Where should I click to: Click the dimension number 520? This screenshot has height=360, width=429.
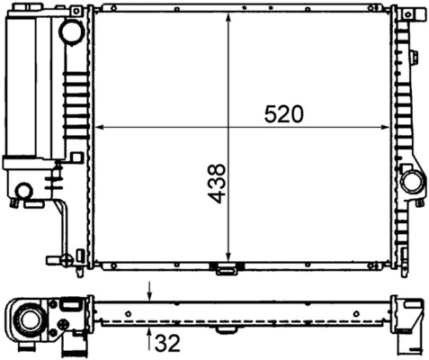[284, 114]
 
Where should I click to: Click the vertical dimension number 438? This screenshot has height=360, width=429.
[217, 182]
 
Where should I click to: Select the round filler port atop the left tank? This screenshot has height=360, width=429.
[71, 32]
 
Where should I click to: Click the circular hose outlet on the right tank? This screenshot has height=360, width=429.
[412, 181]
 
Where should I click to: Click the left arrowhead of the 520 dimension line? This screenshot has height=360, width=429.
[100, 127]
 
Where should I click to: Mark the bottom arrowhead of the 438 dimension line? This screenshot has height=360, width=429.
[229, 257]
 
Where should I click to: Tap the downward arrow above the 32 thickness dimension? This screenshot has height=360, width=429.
[149, 292]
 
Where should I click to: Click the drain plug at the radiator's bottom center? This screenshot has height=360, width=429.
[224, 267]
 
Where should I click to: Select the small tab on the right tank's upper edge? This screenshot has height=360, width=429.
[415, 58]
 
